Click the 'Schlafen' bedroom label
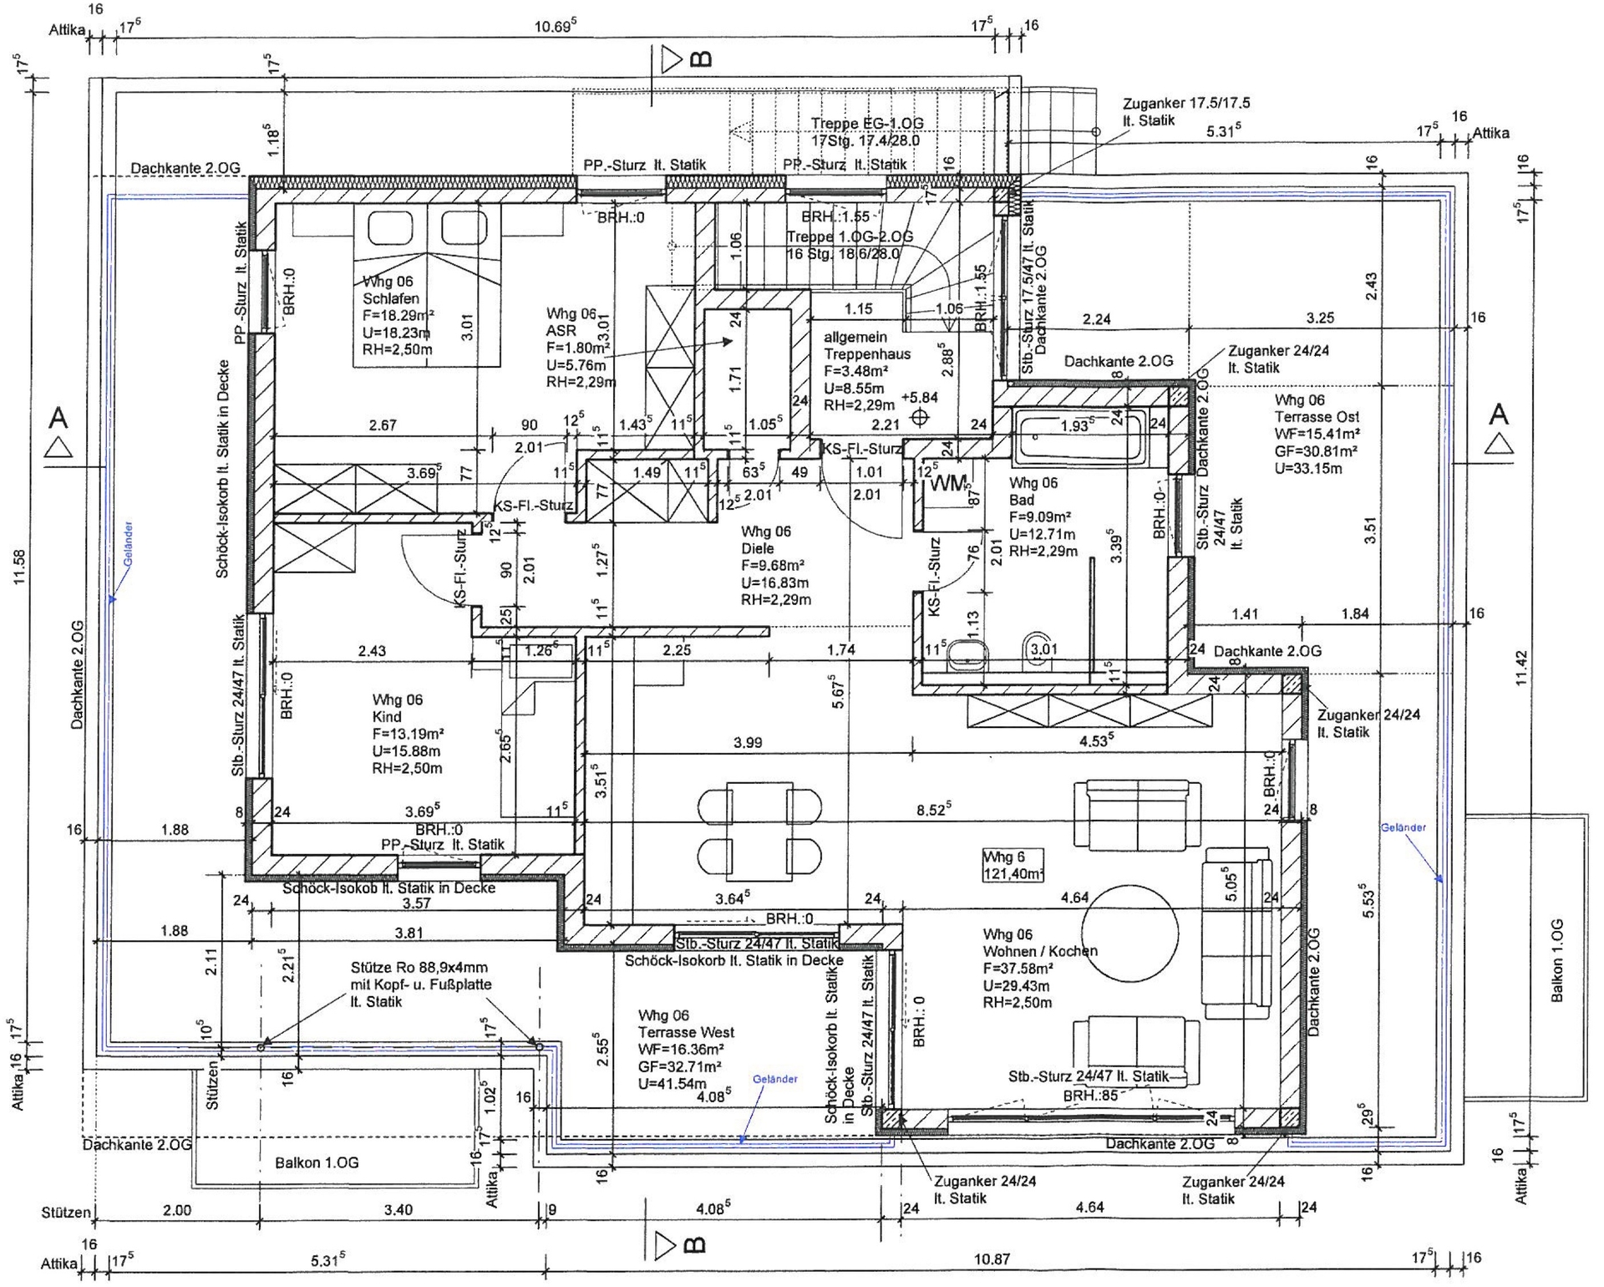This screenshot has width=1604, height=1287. point(391,298)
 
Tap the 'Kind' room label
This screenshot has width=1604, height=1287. point(387,717)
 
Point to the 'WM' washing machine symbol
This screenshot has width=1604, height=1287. point(948,483)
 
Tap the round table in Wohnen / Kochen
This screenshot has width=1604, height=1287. point(1129,933)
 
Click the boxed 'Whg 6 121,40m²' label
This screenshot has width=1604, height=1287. point(1013,865)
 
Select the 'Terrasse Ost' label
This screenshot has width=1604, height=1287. point(1317,416)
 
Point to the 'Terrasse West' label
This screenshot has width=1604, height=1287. point(686,1032)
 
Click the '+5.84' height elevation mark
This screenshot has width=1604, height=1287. point(920,398)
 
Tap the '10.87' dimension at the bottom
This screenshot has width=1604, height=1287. point(991,1259)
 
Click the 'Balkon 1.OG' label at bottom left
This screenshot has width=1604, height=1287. point(317,1162)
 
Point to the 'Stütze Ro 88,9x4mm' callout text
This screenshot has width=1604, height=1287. point(419,968)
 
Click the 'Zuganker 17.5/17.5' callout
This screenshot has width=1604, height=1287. point(1185,104)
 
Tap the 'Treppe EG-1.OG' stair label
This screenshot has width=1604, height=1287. point(866,124)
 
